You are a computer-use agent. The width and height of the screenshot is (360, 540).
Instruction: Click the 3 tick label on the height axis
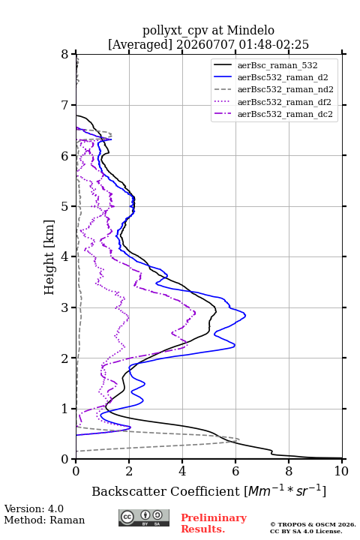click(x=65, y=307)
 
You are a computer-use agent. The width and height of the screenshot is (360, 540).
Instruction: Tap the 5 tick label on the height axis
click(x=65, y=206)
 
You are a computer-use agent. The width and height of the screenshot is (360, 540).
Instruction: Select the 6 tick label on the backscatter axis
click(x=235, y=471)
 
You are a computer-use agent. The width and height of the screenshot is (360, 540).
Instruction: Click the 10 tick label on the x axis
click(x=341, y=471)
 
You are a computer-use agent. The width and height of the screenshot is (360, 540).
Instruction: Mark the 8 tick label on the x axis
click(x=289, y=471)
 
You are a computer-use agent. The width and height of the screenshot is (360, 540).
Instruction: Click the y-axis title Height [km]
click(x=49, y=257)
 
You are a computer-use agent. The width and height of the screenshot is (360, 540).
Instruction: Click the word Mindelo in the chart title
click(x=250, y=30)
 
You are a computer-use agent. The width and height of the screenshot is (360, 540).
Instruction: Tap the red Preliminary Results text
click(x=214, y=523)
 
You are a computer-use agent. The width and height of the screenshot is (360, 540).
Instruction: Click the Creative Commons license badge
click(x=144, y=517)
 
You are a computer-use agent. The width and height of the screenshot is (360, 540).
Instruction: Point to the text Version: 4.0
click(x=34, y=508)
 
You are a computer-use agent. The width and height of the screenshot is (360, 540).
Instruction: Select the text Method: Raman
click(x=44, y=520)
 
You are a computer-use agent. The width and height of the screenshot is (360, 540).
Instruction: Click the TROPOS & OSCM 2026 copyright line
click(x=313, y=524)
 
